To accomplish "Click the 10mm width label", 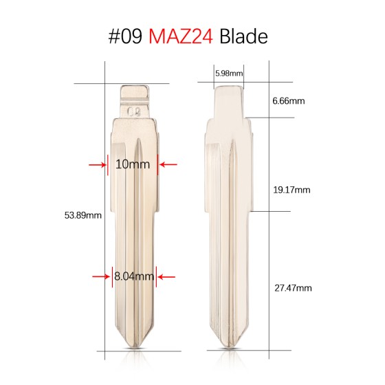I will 133,165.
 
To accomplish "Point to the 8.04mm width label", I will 134,277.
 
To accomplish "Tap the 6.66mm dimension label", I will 288,101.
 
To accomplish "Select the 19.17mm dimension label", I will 291,190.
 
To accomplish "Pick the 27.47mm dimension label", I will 291,287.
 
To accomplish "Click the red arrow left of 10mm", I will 96,164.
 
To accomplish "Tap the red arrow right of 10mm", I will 168,164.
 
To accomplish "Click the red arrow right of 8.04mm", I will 167,277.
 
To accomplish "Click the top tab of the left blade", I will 135,92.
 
